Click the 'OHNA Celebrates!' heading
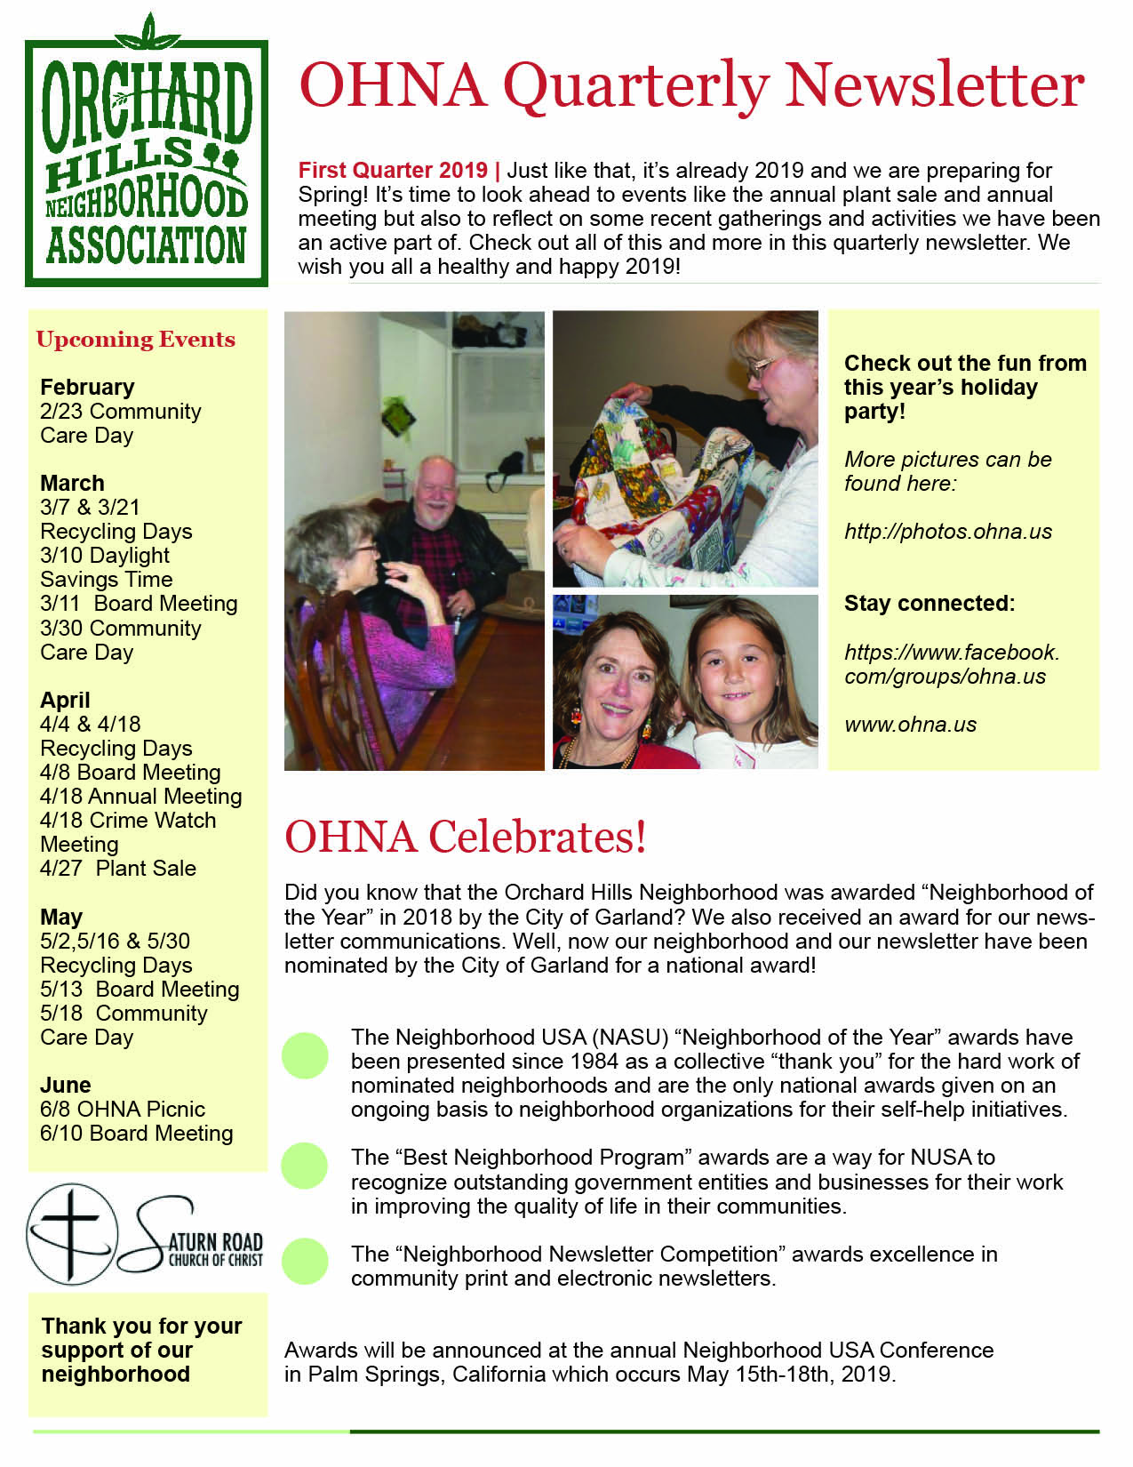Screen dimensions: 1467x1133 coord(465,838)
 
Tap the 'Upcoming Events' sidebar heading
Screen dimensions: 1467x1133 coord(136,340)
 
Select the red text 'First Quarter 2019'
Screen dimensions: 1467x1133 coord(393,171)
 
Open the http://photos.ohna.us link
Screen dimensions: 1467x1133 coord(947,532)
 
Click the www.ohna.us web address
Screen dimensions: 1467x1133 coord(910,725)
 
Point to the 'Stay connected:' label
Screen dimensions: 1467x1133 coord(929,604)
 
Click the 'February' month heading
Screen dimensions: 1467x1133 coord(87,388)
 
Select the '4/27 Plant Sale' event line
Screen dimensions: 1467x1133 coord(118,869)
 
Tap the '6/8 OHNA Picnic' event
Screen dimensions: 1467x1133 coord(123,1110)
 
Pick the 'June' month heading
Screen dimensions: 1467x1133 coord(66,1086)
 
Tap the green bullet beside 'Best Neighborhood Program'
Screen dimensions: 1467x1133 coord(305,1166)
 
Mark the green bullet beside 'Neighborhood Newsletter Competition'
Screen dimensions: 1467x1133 coord(305,1262)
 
